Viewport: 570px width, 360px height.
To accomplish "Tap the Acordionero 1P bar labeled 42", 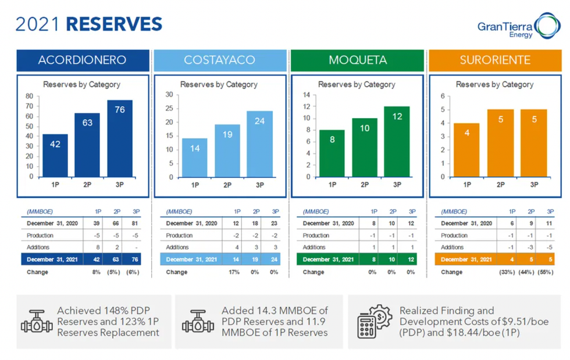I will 55,155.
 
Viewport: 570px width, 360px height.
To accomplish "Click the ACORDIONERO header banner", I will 82,60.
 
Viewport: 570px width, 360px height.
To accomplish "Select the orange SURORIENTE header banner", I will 495,60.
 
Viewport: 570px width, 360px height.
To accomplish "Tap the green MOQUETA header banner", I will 357,60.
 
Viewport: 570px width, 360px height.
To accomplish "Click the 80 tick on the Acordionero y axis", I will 29,96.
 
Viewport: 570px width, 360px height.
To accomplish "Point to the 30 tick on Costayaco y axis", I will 169,94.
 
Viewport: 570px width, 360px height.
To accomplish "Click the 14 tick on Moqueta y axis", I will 306,94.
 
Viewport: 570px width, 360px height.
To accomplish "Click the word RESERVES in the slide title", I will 114,24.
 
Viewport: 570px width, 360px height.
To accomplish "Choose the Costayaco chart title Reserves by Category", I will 219,84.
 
